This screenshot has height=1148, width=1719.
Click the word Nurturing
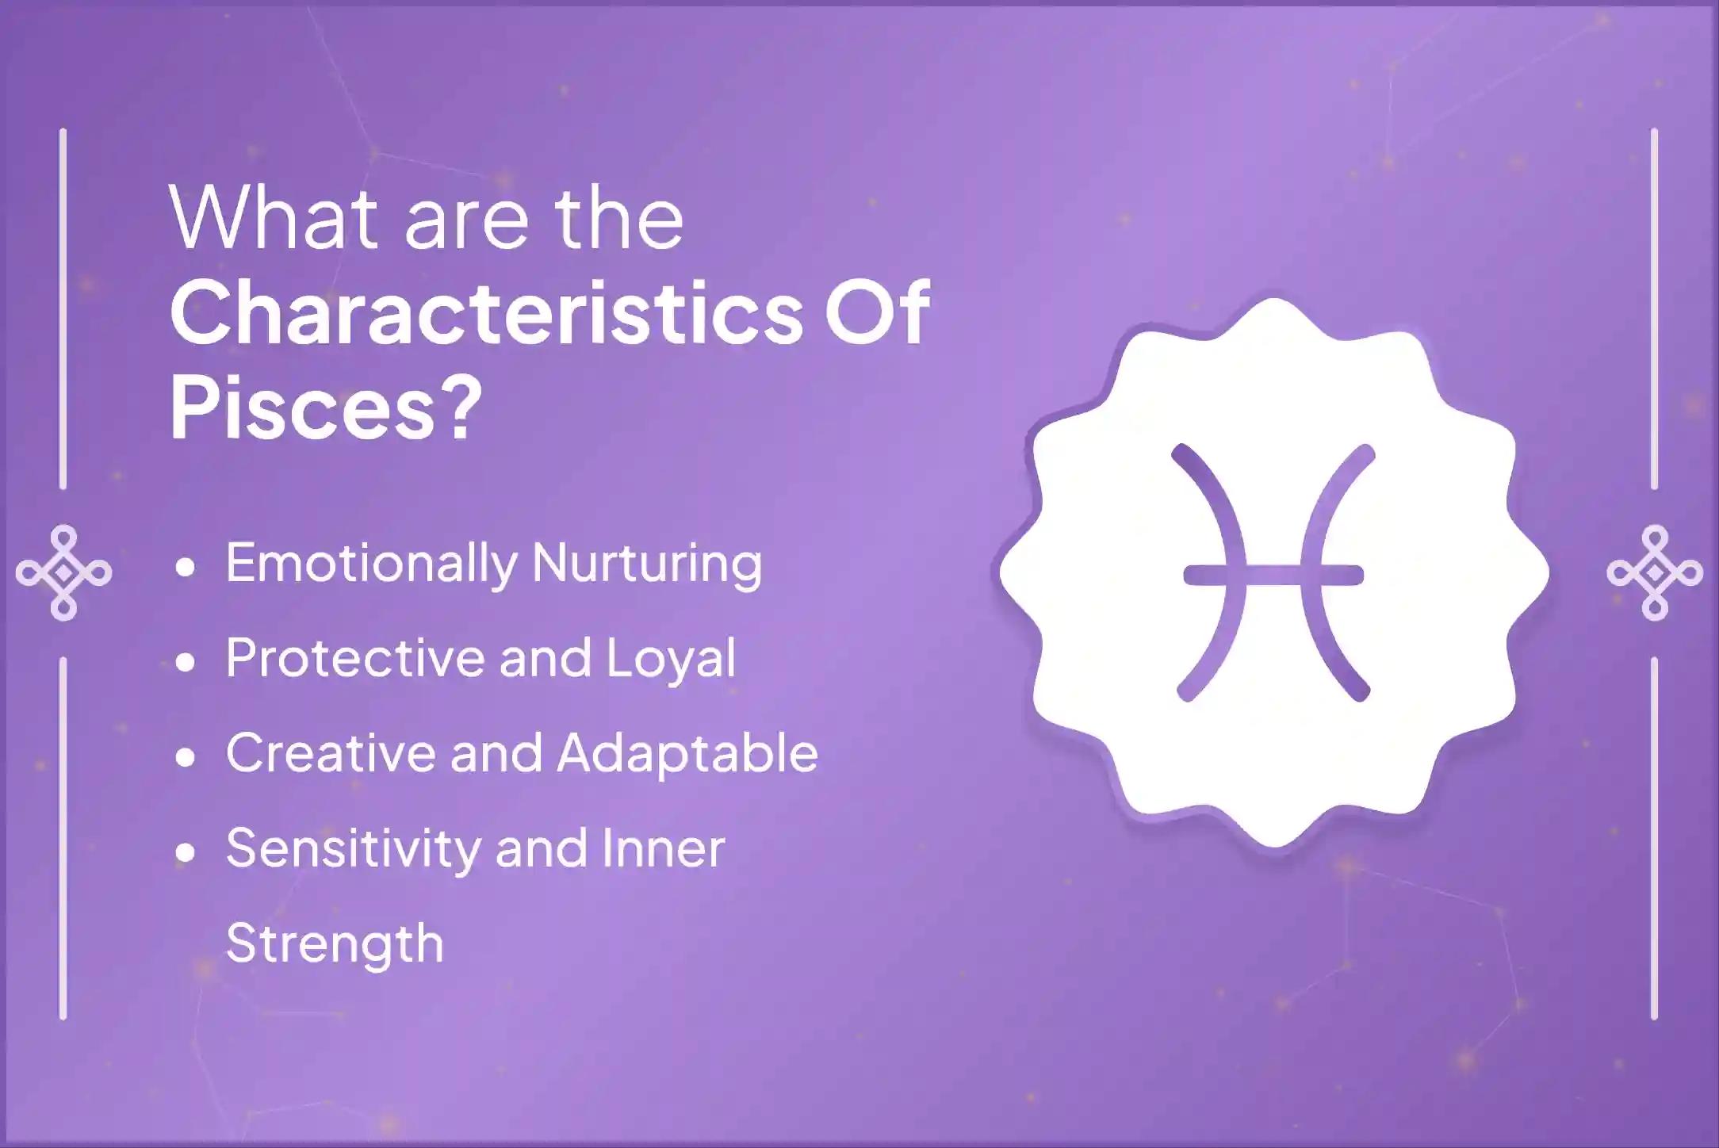(x=647, y=564)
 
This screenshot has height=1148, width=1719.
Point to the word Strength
(x=335, y=943)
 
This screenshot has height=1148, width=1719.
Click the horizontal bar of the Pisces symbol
(x=1273, y=574)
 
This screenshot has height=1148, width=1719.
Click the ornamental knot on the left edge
(x=63, y=572)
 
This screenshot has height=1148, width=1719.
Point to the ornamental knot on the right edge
(x=1654, y=572)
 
